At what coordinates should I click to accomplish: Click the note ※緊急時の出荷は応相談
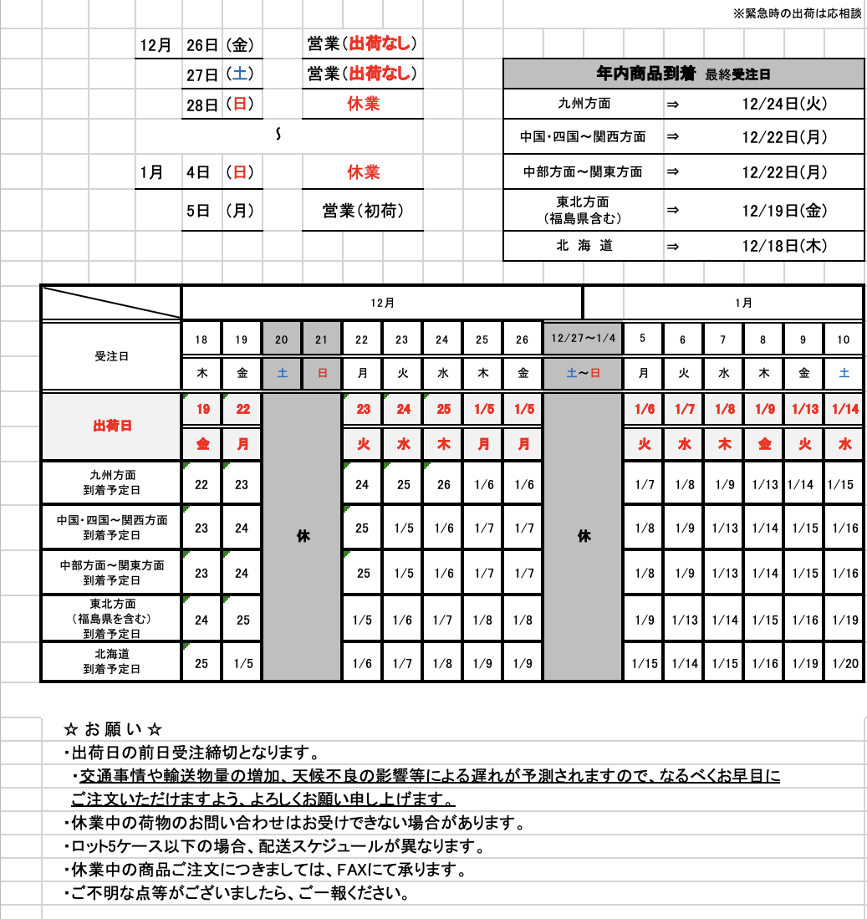point(797,14)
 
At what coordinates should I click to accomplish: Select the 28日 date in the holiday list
point(201,105)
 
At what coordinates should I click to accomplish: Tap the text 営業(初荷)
point(363,212)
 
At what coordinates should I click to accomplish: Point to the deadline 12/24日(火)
point(783,104)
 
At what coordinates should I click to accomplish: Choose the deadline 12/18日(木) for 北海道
point(783,246)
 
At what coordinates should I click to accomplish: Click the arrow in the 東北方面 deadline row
point(672,210)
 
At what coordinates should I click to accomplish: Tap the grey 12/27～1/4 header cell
point(583,339)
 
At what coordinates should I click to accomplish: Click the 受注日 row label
point(111,356)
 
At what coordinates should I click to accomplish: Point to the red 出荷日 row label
point(111,426)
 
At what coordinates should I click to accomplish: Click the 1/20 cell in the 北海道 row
point(844,663)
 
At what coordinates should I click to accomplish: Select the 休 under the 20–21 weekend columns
point(302,536)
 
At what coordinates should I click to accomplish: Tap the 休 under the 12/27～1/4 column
point(583,536)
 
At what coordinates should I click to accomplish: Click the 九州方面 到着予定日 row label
point(111,482)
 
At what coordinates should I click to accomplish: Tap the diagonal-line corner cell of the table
point(111,303)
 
